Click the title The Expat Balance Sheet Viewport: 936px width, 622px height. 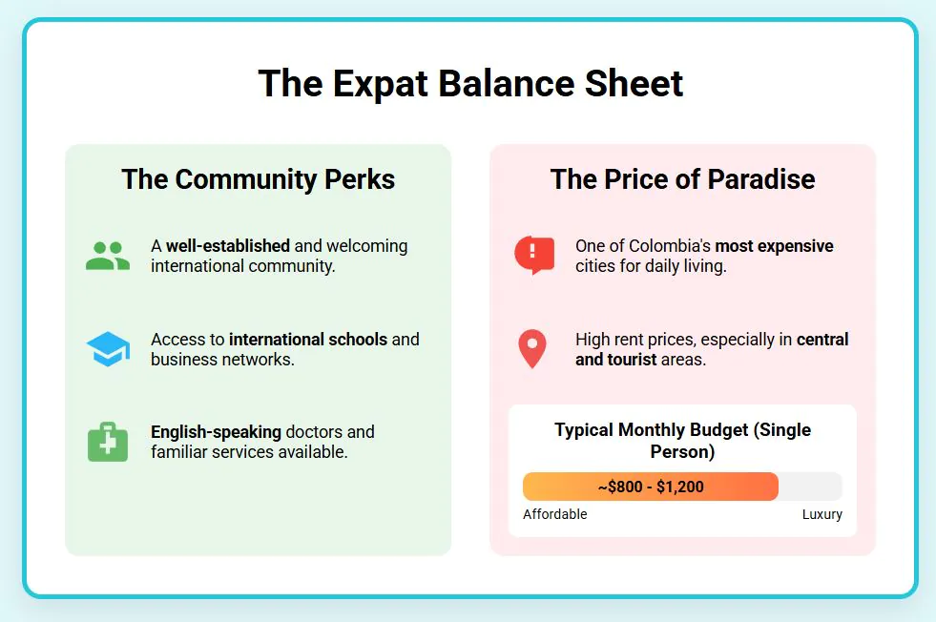[470, 84]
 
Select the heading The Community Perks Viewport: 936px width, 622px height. [258, 179]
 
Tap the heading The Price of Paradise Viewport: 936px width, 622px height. [682, 179]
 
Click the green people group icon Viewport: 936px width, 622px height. [108, 256]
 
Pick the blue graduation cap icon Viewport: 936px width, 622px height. [108, 349]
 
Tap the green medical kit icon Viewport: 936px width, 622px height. [108, 443]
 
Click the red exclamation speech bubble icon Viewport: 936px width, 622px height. [534, 256]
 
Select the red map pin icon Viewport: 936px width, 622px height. [532, 349]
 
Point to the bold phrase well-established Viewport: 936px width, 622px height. [228, 246]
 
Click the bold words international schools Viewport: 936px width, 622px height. [308, 339]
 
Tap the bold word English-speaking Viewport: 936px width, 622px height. [216, 432]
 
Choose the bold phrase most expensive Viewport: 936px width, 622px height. [774, 246]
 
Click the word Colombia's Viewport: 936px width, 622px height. [670, 246]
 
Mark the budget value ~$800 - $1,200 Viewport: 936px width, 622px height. [651, 487]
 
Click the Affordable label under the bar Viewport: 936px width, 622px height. [555, 514]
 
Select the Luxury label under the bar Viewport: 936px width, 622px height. [822, 514]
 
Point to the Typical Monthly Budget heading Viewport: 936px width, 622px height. [682, 441]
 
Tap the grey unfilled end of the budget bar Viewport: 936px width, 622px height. [811, 487]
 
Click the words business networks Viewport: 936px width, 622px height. [222, 360]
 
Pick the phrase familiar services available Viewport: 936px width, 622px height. [249, 452]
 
